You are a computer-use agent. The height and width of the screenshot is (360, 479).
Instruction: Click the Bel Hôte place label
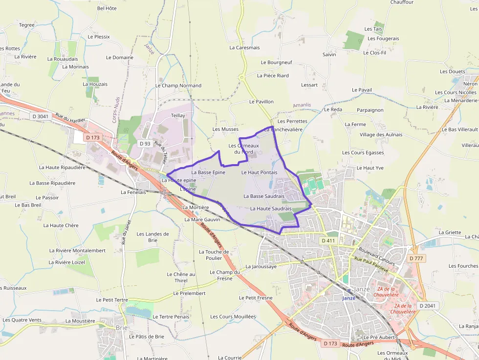coord(107,8)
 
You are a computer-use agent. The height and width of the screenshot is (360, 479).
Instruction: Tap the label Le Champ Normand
coord(178,85)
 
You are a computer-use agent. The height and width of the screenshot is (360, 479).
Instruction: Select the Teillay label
coord(178,115)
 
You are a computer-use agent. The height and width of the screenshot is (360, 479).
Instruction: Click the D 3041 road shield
coord(41,116)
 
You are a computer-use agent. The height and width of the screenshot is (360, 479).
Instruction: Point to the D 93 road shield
coord(145,144)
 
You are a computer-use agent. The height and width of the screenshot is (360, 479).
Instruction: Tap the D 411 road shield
coord(329,241)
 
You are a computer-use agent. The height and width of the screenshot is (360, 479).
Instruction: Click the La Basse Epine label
coord(208,172)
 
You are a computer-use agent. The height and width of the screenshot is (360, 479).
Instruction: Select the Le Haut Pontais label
coord(259,172)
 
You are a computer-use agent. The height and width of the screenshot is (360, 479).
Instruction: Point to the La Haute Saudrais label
coord(271,209)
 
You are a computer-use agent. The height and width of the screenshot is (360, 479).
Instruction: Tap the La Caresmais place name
coord(244,48)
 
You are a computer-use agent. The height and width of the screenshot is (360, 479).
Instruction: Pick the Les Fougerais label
coord(383,39)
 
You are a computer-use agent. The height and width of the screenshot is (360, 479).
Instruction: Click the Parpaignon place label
coord(370,110)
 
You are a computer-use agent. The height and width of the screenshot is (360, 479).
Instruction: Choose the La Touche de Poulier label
coord(214,255)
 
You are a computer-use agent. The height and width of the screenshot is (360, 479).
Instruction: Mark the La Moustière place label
coord(80,321)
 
